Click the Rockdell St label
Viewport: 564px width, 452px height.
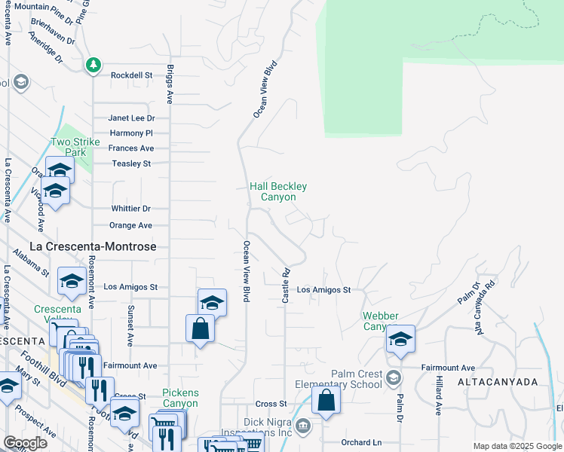(x=131, y=75)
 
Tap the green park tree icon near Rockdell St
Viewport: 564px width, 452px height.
(x=93, y=66)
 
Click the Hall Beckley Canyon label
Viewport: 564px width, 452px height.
(x=278, y=191)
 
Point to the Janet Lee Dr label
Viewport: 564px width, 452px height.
(x=131, y=118)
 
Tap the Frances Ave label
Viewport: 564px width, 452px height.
(x=131, y=148)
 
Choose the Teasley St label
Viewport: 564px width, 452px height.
(x=131, y=163)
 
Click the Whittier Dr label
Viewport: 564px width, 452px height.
(x=130, y=209)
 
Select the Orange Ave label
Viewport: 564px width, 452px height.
(x=130, y=225)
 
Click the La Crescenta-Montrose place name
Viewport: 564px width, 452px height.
(x=93, y=246)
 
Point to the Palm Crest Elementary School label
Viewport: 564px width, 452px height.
(x=358, y=380)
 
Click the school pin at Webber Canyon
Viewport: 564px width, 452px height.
(x=400, y=338)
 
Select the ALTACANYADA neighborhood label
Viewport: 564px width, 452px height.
(x=497, y=382)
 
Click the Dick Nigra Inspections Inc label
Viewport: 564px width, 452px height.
(x=267, y=427)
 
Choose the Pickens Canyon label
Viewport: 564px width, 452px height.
(x=180, y=398)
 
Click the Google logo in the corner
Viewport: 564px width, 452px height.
(x=25, y=443)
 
